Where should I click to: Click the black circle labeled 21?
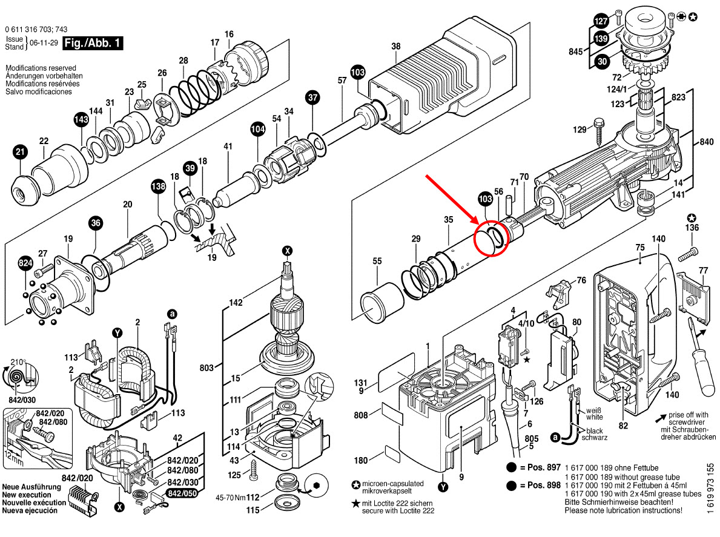click(21, 153)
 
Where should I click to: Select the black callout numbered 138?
click(158, 188)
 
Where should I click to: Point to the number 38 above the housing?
click(396, 46)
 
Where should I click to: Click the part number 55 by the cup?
click(377, 261)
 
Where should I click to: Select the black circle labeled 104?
click(258, 128)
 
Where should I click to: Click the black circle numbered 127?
click(600, 20)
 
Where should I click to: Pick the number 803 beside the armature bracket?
click(208, 367)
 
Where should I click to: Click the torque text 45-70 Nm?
click(230, 498)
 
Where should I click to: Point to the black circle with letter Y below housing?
click(445, 487)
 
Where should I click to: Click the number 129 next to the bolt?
click(580, 130)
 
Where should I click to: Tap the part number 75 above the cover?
click(639, 247)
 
